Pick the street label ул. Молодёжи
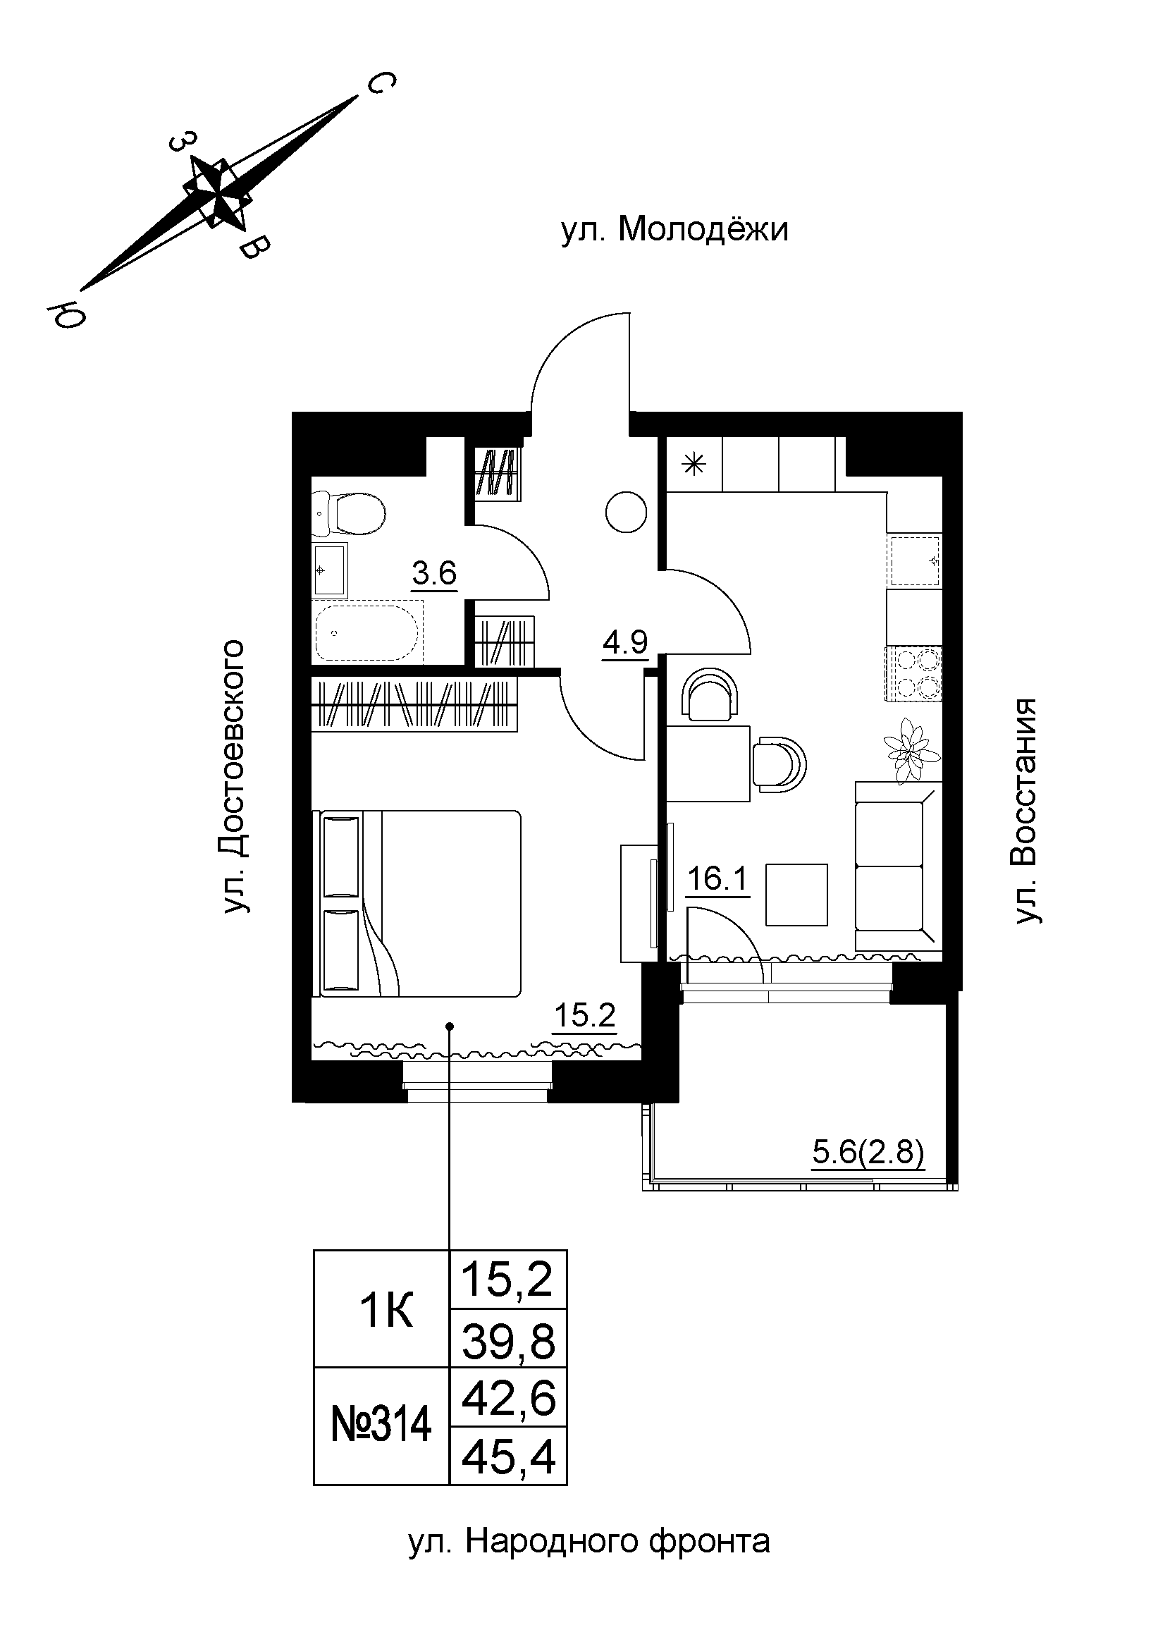pos(674,231)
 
